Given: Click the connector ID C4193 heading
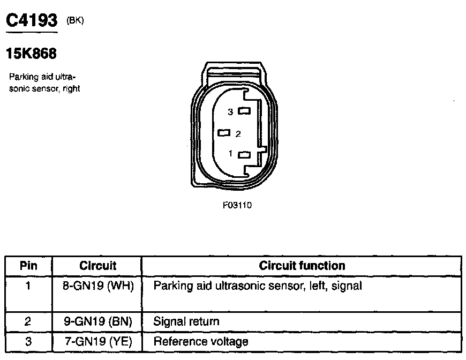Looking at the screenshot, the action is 31,21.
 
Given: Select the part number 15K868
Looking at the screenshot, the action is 31,54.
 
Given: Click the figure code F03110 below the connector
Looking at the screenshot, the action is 237,205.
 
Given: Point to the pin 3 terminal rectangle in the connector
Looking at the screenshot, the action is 245,111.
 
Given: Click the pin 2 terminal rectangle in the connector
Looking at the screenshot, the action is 224,132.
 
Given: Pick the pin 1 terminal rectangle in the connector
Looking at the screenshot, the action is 245,155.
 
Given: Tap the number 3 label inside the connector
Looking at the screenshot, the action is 230,112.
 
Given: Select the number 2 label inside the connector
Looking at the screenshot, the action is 238,133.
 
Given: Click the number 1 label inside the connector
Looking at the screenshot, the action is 230,154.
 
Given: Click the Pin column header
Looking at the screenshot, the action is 28,266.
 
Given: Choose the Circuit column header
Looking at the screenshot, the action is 97,266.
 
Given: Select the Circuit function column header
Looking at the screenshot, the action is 302,266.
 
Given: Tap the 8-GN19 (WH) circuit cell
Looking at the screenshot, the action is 97,286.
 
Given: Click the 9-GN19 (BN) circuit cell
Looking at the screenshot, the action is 97,322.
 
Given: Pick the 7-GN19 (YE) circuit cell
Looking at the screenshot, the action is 97,341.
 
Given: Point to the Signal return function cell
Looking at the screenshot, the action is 186,322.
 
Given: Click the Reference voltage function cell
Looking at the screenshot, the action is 201,341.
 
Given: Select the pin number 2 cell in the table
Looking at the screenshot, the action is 28,322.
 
